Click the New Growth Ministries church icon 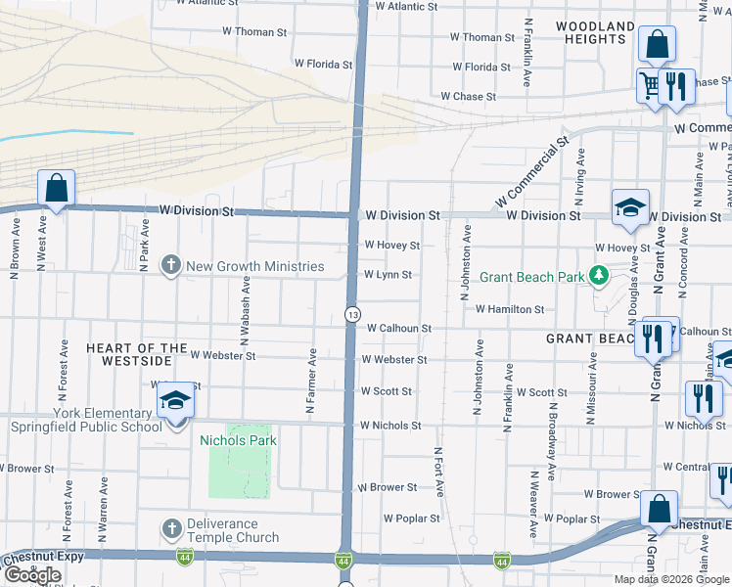coord(171,265)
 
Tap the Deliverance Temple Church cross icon coord(171,528)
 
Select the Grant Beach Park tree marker coord(597,277)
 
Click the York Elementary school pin coord(175,400)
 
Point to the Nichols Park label coord(238,440)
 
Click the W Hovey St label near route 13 coord(391,246)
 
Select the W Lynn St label coord(388,276)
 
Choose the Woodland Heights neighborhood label coord(590,32)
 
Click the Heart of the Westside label coord(136,354)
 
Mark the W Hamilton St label coord(510,309)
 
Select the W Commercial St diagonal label coord(532,172)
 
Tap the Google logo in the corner coord(32,575)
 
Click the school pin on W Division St coord(630,206)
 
